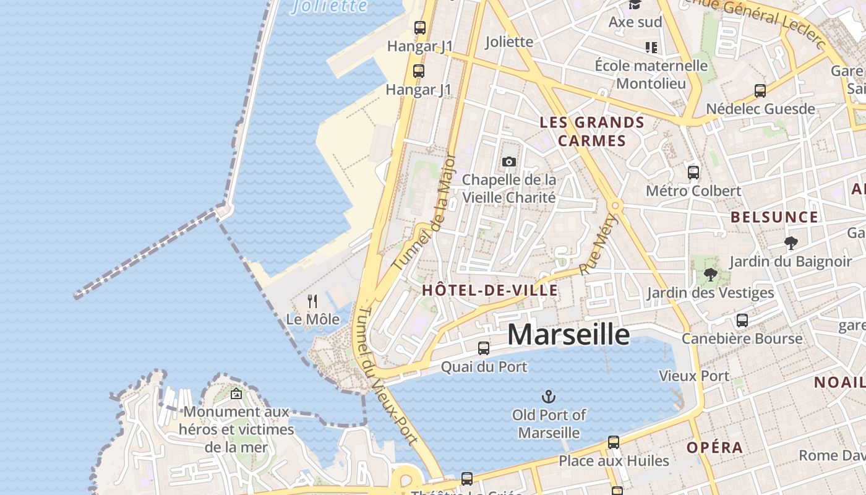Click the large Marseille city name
[x=568, y=335]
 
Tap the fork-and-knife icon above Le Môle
[x=312, y=301]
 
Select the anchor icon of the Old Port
[x=548, y=396]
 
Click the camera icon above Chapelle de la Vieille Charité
[x=509, y=162]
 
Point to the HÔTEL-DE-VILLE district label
[x=489, y=290]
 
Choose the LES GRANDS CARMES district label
[x=592, y=131]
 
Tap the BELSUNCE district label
[x=774, y=217]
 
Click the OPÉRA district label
[x=714, y=447]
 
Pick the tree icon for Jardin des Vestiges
[x=710, y=274]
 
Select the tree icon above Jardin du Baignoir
[x=790, y=243]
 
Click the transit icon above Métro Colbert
[x=693, y=172]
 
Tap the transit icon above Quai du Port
[x=484, y=348]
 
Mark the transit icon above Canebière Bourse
[x=742, y=321]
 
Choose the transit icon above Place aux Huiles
[x=613, y=442]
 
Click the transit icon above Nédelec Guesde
[x=760, y=91]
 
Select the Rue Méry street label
[x=599, y=244]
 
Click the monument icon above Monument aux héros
[x=236, y=394]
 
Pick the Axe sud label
[x=635, y=22]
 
